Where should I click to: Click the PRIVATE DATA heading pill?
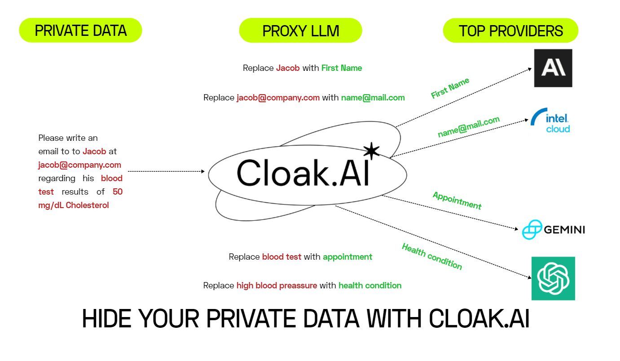[80, 30]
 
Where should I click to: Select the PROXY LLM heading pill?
[300, 30]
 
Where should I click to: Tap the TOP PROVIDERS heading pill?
[510, 30]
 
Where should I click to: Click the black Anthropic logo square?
[553, 68]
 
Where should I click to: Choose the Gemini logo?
[553, 230]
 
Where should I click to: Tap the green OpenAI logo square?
[553, 278]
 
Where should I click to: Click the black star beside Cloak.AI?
[371, 151]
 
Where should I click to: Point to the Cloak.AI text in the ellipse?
[303, 173]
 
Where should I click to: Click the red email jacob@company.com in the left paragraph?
[80, 165]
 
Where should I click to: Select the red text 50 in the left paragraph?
[118, 191]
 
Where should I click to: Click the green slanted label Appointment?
[457, 200]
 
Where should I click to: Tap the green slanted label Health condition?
[432, 257]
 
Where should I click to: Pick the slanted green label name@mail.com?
[469, 127]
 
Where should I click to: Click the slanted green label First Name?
[450, 88]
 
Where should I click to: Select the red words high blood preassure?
[277, 286]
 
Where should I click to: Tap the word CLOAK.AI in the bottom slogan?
[479, 319]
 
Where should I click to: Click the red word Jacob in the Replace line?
[288, 68]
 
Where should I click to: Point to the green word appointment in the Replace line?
[347, 257]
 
